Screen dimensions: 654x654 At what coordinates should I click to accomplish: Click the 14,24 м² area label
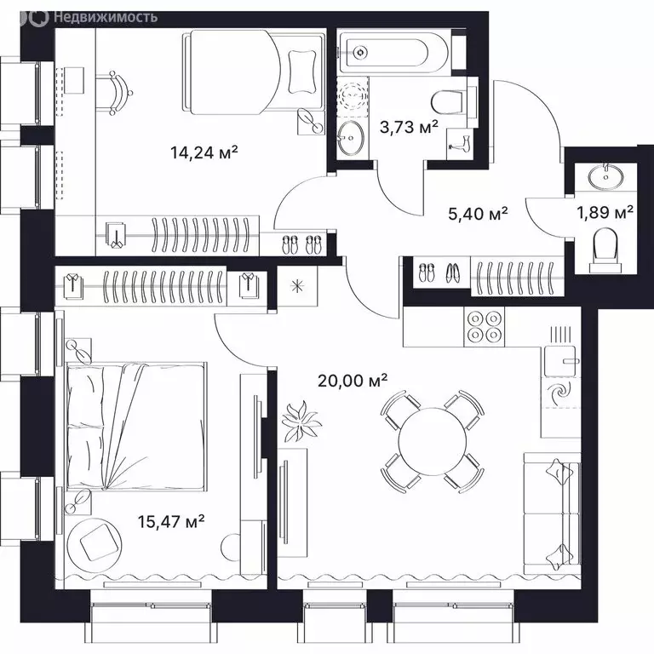204,152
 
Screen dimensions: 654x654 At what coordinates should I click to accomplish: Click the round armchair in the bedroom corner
96,541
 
